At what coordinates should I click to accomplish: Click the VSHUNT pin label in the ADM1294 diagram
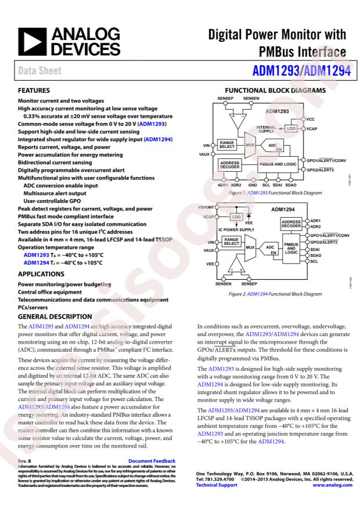tap(207, 207)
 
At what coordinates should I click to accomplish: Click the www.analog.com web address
tap(333, 485)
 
